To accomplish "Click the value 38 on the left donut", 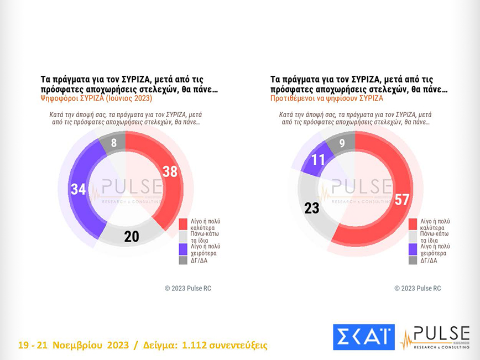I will [170, 171].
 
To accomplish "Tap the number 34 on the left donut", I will [78, 189].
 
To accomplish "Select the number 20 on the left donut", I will [131, 236].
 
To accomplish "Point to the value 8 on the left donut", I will [113, 144].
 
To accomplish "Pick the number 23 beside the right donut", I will [312, 208].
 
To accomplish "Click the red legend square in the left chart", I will [182, 223].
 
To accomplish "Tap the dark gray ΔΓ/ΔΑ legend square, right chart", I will [413, 260].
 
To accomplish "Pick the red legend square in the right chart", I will [413, 223].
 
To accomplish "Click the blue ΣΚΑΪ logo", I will [363, 337].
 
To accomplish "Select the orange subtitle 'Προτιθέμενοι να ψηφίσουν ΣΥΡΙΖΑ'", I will [326, 98].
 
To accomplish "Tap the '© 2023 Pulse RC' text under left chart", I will [188, 288].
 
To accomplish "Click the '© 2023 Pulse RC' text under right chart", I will [418, 288].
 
